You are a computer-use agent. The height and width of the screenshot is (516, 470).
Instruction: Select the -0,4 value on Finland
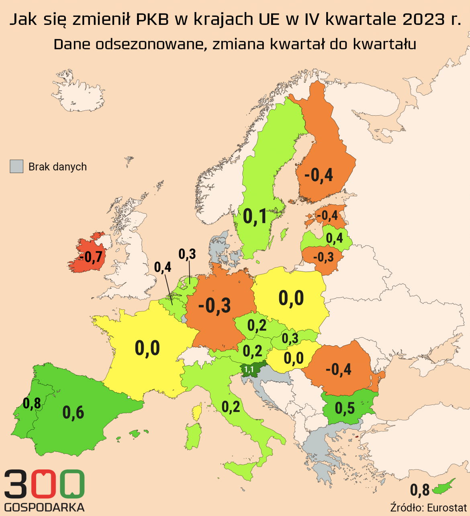point(319,175)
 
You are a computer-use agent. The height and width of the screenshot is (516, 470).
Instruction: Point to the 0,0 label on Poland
point(291,298)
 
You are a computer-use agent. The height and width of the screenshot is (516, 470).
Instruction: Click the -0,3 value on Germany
point(215,306)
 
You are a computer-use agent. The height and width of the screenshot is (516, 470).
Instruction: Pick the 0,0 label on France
point(147,348)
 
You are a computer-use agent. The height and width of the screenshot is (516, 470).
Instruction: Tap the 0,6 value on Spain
point(73,412)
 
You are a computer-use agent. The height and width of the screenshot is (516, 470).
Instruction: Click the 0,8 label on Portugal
point(32,403)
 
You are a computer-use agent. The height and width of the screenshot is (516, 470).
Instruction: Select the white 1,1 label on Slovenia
point(249,369)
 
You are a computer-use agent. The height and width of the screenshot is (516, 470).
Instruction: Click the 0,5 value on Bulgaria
point(345,408)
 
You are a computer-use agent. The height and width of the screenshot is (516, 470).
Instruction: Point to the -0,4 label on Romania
point(338,369)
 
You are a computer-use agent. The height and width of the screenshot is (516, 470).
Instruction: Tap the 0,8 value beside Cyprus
point(420,490)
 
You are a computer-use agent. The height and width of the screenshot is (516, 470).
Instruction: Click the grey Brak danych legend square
point(16,167)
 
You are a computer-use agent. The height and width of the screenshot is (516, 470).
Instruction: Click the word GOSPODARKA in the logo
point(44,507)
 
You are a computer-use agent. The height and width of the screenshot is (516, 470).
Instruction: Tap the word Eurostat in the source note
point(447,508)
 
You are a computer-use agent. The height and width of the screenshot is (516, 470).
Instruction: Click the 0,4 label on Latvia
point(334,238)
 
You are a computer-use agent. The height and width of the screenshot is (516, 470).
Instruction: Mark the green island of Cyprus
point(444,486)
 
